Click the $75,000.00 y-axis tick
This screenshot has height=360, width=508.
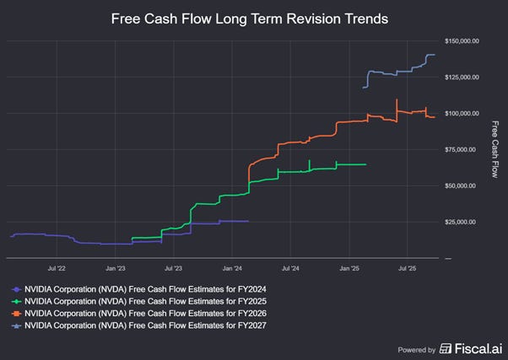pos(462,149)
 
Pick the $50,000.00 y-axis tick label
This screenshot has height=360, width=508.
pos(462,185)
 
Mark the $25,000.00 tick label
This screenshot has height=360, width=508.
pos(462,222)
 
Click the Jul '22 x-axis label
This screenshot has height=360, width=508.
pos(57,269)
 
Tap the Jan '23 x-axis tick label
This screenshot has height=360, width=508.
pos(116,269)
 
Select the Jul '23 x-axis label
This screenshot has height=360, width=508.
pos(173,269)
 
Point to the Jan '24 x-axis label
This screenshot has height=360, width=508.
pos(232,269)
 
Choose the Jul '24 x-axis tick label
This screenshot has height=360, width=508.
pos(289,269)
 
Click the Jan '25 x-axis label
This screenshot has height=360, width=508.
pos(349,269)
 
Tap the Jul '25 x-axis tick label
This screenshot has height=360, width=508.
pos(407,269)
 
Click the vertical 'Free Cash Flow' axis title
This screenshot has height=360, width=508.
pos(495,148)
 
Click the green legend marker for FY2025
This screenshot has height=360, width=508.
pos(17,300)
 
